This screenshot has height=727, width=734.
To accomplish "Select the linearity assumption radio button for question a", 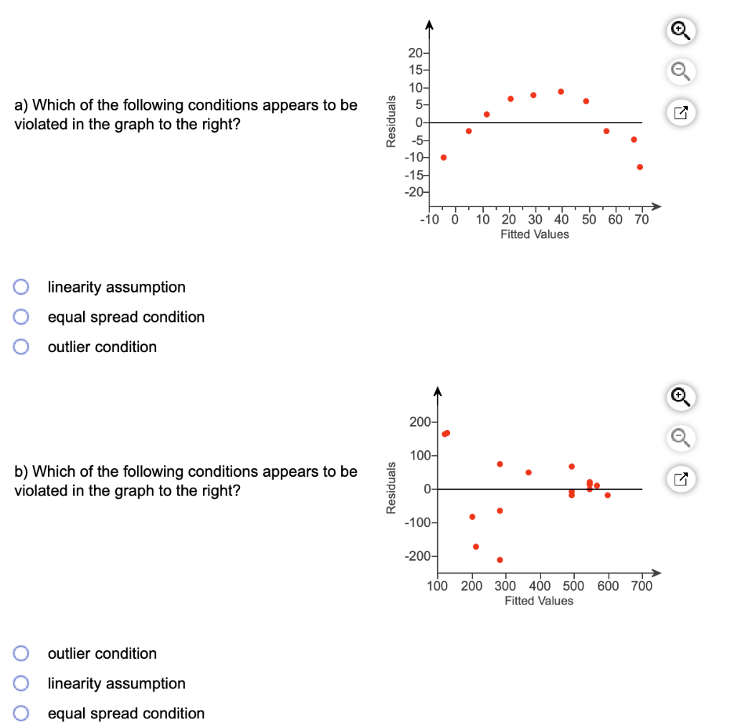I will (22, 287).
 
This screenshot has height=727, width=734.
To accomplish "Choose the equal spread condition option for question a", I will (22, 317).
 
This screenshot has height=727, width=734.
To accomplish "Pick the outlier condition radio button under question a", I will (22, 347).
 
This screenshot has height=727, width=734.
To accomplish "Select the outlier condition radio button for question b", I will (22, 653).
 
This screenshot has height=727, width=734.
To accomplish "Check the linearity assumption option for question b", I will (22, 683).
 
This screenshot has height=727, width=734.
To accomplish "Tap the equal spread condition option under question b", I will (22, 713).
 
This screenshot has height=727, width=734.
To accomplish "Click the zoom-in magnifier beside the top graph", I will (682, 30).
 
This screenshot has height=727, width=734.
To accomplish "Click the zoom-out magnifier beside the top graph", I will (682, 71).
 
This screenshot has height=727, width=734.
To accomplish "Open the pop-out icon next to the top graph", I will (682, 112).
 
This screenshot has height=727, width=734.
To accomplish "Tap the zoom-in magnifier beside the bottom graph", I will (682, 396).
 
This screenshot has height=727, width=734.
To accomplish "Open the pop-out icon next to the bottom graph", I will (682, 477).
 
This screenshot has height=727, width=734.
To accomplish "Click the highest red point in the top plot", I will (561, 91).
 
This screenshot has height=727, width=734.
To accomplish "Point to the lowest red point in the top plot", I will (639, 167).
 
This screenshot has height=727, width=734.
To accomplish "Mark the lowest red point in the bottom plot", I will (500, 559).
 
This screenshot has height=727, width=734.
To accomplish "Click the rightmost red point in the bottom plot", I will (607, 495).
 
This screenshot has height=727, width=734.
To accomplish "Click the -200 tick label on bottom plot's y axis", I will (416, 557).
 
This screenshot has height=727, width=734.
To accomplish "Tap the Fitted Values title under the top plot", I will (535, 234).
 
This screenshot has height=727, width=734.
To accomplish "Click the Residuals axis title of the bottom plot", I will (391, 488).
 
